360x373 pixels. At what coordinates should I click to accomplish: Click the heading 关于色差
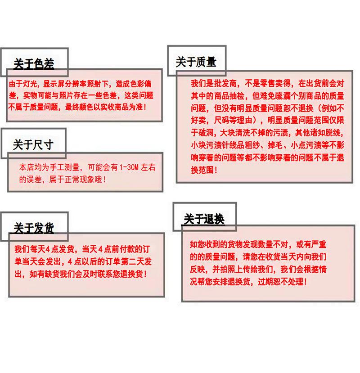(34, 64)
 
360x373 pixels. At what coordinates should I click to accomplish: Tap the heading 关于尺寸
(33, 144)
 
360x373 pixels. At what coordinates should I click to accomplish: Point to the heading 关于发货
(34, 228)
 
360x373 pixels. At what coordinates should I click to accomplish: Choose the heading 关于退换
(204, 219)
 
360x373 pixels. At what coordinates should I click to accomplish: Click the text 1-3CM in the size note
(129, 167)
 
